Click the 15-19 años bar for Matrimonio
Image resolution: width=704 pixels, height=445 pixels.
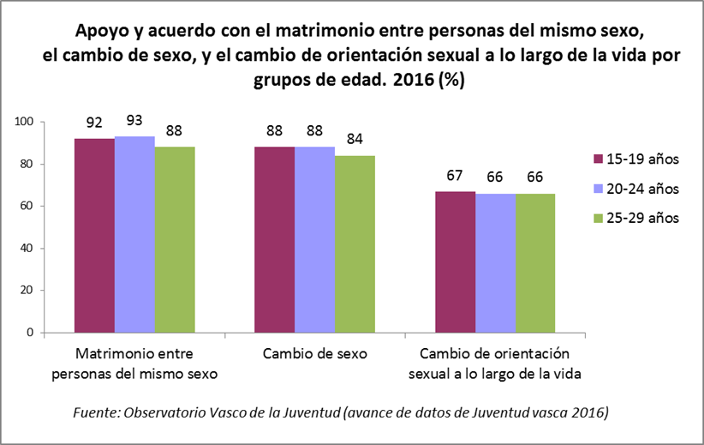tap(94, 235)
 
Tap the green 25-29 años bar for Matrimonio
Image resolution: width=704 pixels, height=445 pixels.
tap(175, 239)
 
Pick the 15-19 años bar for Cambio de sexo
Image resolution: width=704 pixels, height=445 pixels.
tap(274, 239)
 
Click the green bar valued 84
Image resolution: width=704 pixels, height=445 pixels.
tap(355, 244)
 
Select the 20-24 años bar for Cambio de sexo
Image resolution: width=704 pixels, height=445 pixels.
tap(314, 239)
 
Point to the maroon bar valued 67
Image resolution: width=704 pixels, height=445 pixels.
tap(455, 262)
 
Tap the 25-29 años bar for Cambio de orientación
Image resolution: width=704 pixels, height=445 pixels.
tap(535, 262)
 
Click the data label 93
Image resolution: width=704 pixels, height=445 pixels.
tap(134, 120)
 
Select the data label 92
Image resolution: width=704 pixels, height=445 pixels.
tap(94, 122)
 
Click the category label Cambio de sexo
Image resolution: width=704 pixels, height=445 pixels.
tap(314, 353)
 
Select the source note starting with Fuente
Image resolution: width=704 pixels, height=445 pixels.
tap(340, 413)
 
